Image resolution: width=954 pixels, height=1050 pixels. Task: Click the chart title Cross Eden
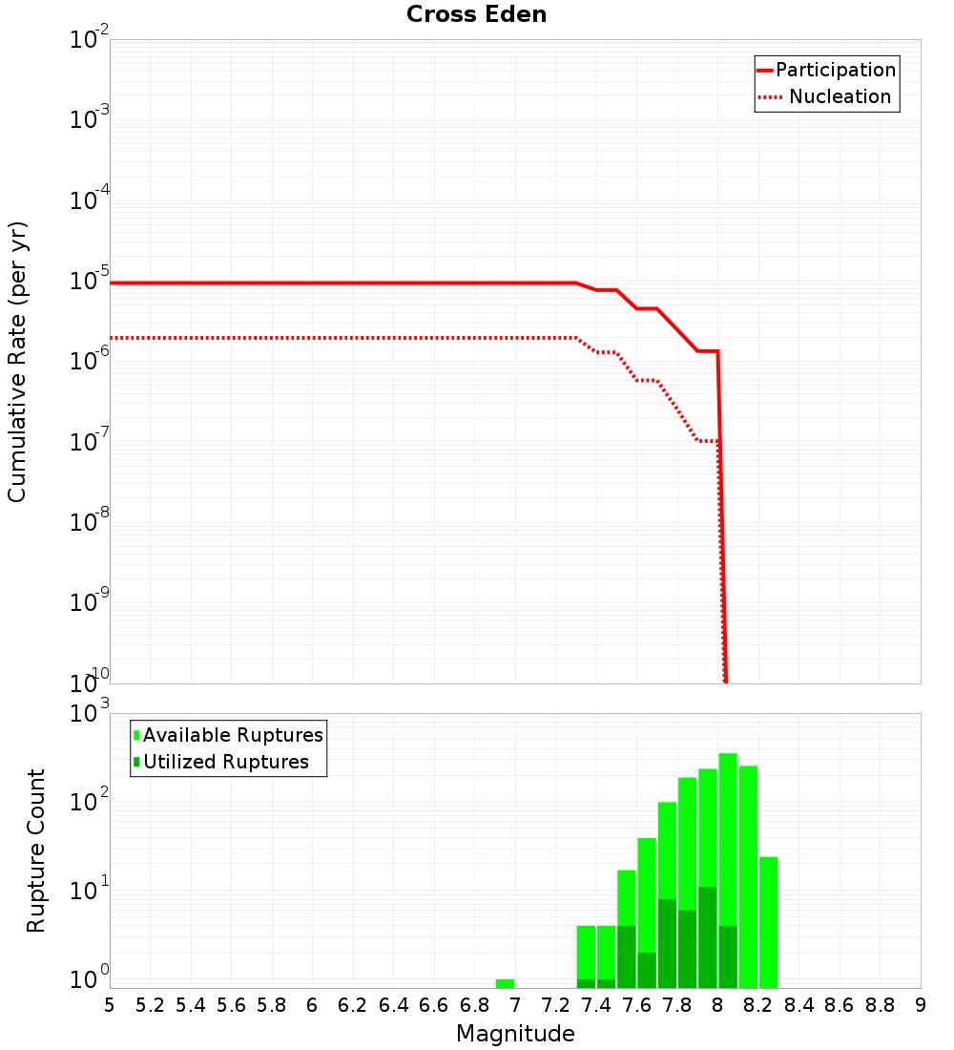click(x=476, y=14)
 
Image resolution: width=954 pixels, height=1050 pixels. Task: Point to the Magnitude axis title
click(x=515, y=1034)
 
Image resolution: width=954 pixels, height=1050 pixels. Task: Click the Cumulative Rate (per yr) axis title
click(x=17, y=361)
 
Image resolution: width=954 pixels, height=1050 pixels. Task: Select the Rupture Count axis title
click(x=36, y=850)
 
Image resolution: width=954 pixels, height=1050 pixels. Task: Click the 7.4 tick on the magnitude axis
click(x=596, y=1005)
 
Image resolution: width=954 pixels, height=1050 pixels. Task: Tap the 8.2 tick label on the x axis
click(x=758, y=1005)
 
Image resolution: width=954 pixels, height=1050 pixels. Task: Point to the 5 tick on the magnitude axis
click(x=110, y=1005)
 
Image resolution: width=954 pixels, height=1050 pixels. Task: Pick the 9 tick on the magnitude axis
click(x=921, y=1005)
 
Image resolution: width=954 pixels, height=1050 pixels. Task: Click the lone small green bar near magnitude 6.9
click(x=505, y=983)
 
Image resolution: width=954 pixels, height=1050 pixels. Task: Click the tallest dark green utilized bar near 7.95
click(x=708, y=937)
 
